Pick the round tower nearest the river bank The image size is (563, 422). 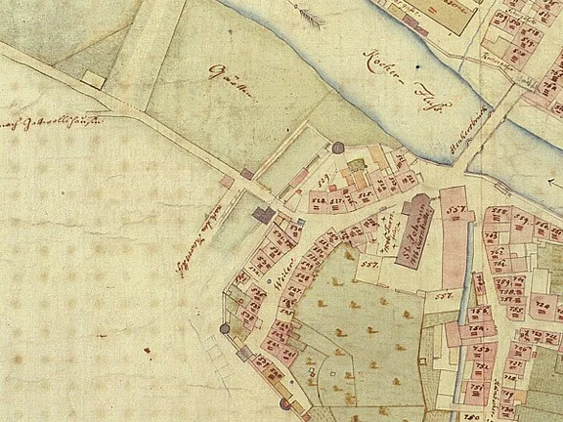(x=338, y=148)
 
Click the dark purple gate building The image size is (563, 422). (x=263, y=214)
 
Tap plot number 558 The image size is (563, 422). (x=498, y=212)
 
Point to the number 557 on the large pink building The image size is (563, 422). (x=453, y=209)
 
